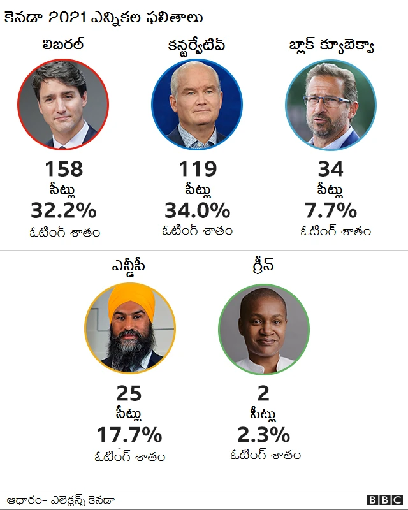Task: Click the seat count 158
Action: point(64,170)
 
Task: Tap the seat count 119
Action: point(198,170)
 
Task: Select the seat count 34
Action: point(330,170)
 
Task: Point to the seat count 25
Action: point(129,394)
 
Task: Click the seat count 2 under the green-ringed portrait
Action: point(263,394)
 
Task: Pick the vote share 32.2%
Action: point(64,210)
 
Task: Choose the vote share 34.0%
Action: point(198,210)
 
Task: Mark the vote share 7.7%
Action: point(330,210)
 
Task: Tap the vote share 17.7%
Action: point(129,435)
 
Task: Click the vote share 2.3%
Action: point(263,435)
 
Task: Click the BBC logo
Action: point(384,500)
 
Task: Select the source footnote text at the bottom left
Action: point(61,500)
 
